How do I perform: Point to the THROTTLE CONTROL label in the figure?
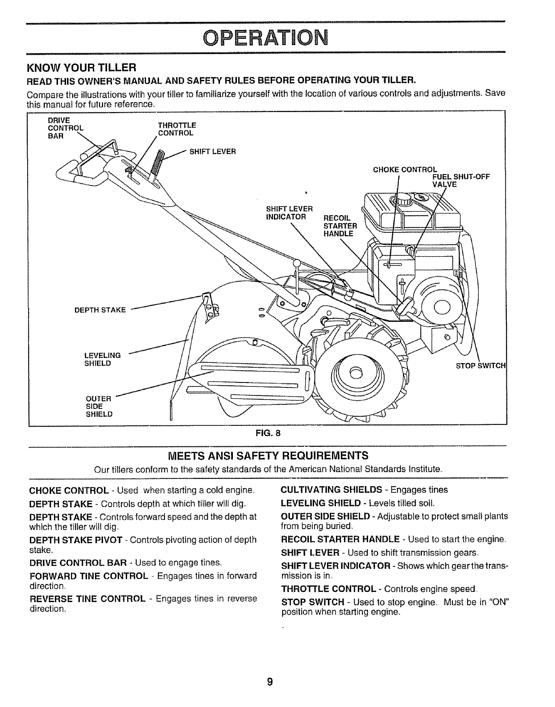pos(176,129)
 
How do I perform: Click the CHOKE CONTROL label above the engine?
pos(405,170)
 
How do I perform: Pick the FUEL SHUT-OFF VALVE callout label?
pos(461,180)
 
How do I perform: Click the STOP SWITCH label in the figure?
pos(480,366)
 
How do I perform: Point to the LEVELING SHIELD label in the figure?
pos(102,359)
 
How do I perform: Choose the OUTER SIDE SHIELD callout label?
pos(99,406)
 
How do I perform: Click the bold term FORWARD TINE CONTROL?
pos(88,576)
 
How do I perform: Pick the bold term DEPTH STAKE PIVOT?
pos(75,540)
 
